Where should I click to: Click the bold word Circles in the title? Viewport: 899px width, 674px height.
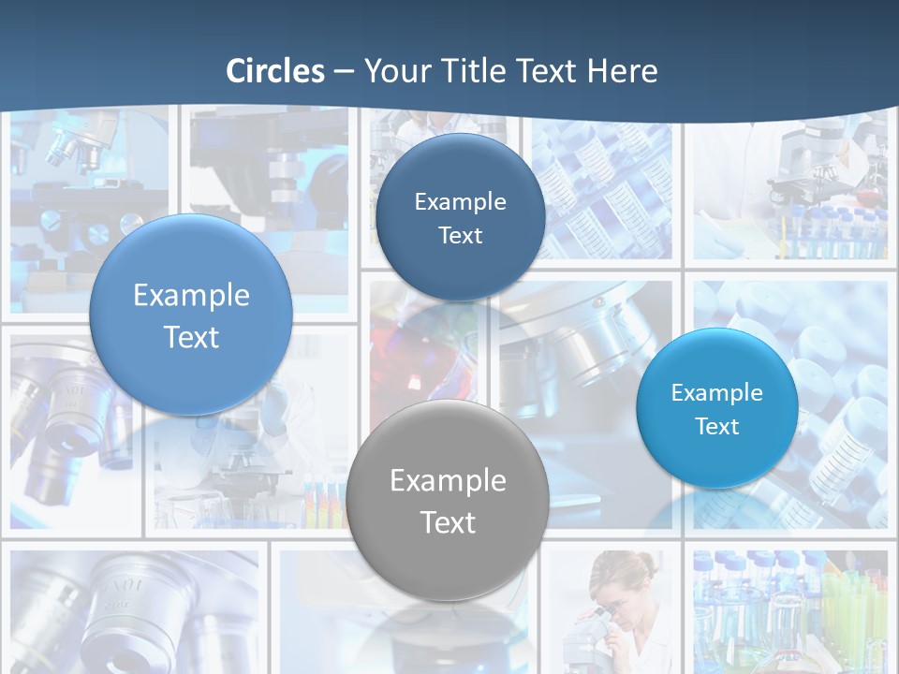[275, 71]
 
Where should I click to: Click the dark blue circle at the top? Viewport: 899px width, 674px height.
[460, 217]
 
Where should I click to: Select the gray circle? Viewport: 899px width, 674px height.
[448, 500]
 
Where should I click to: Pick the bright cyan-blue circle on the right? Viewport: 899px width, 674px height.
[717, 408]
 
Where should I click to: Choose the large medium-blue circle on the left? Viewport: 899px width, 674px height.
[191, 315]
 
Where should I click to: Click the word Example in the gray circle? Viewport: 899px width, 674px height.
[448, 481]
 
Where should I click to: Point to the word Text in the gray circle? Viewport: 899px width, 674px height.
[448, 522]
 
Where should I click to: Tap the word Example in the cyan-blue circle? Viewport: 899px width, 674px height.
[717, 393]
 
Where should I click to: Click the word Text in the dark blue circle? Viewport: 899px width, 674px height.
[460, 236]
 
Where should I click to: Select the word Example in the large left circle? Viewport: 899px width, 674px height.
[191, 296]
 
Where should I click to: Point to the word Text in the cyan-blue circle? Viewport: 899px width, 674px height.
[717, 427]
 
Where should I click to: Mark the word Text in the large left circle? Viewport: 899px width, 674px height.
[191, 337]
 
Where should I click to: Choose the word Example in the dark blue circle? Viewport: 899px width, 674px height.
[460, 201]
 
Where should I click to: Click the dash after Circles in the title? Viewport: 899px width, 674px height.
[343, 72]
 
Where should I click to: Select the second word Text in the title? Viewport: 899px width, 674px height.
[548, 71]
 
